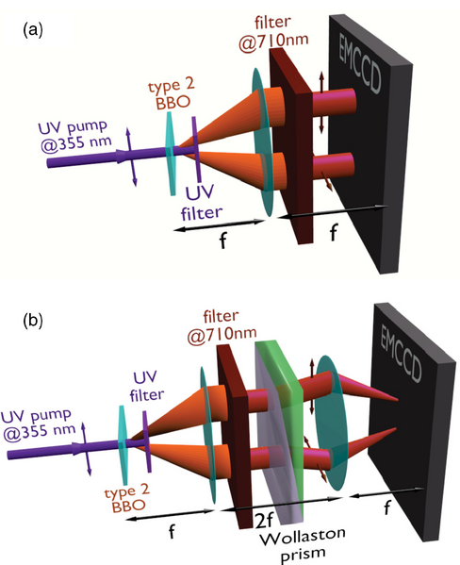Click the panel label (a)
tap(33, 30)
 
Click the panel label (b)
tap(33, 321)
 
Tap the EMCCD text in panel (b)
tap(401, 355)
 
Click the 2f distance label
tap(264, 520)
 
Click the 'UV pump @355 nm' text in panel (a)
tap(74, 137)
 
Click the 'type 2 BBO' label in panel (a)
tap(172, 94)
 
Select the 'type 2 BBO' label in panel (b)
tap(127, 498)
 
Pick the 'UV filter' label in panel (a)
tap(201, 203)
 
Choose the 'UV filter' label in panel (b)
tap(147, 387)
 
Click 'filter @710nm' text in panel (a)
tap(273, 33)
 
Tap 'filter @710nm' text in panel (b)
tap(222, 326)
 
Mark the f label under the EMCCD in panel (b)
tap(386, 508)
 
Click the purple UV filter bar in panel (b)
tap(146, 441)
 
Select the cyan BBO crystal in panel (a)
tap(170, 154)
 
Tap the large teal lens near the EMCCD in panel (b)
tap(331, 423)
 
